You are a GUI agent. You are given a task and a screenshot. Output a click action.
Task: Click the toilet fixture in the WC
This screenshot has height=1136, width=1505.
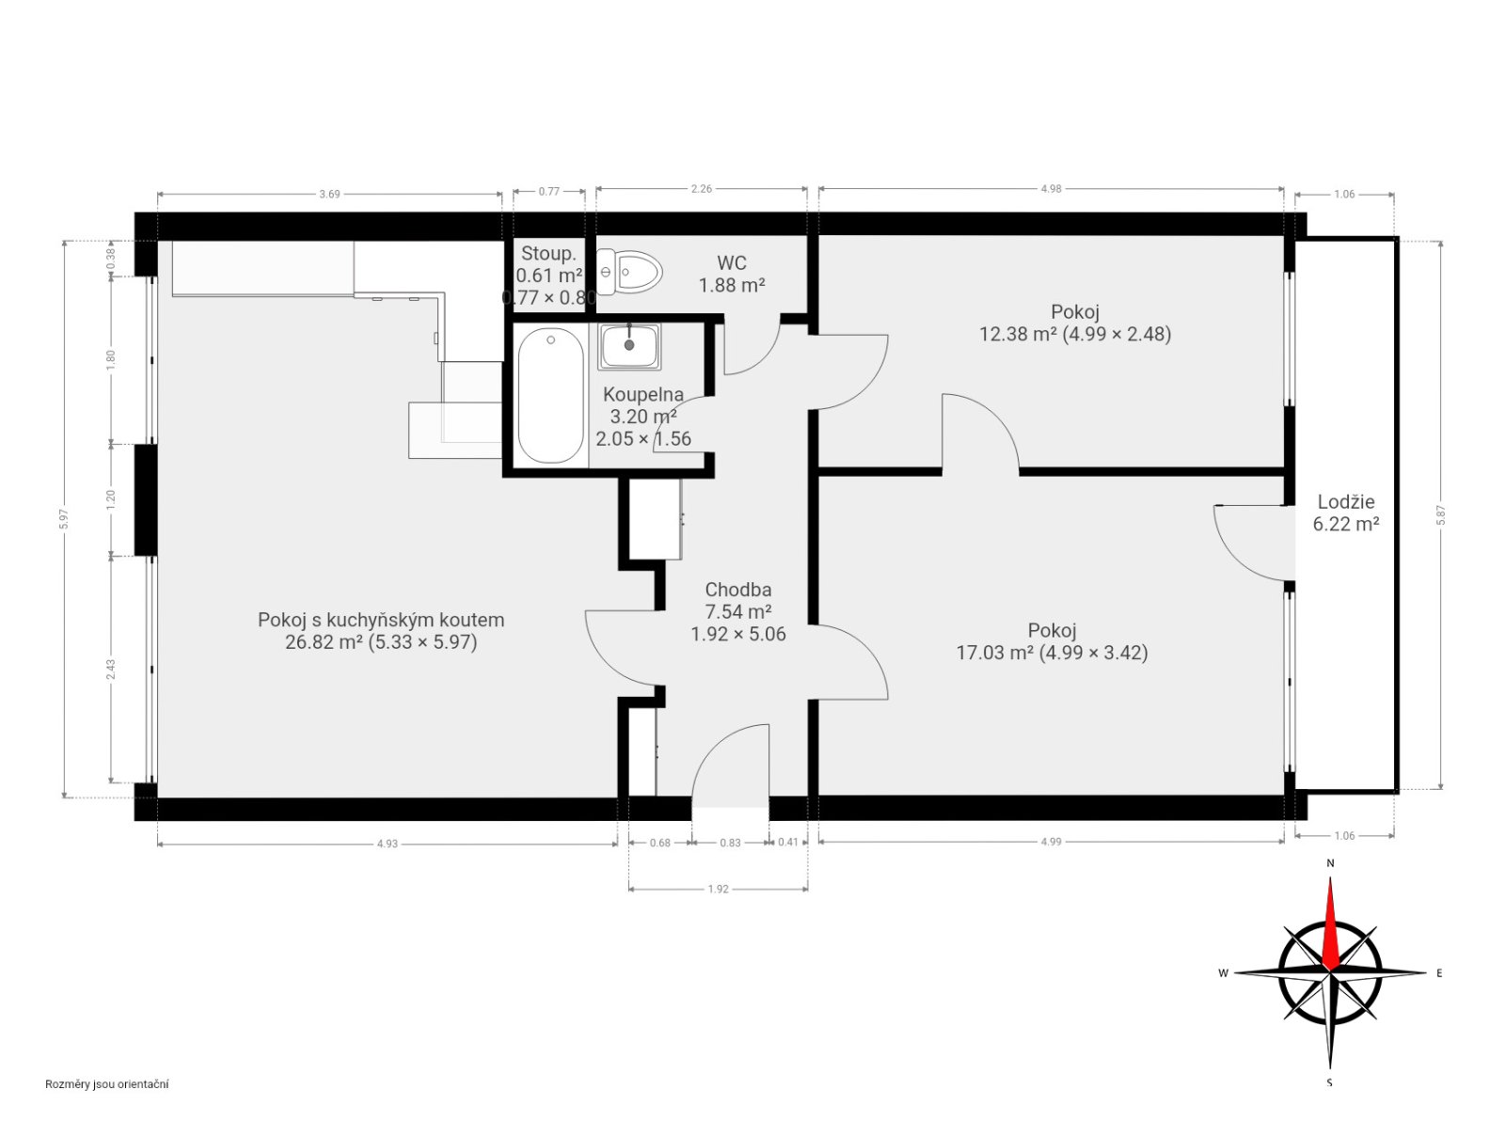(627, 272)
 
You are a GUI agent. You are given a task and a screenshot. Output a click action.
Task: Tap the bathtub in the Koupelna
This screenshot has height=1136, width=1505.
(550, 395)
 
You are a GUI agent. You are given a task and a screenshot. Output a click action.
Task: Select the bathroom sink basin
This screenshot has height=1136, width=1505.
(629, 346)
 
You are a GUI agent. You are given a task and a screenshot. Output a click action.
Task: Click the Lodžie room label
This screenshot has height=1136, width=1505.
(1345, 502)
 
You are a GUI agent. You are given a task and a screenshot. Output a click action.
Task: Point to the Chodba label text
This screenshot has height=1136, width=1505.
(737, 590)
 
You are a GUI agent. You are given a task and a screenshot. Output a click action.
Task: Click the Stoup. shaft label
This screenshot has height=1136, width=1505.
(548, 254)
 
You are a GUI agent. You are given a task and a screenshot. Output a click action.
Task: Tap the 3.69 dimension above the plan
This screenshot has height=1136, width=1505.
(329, 194)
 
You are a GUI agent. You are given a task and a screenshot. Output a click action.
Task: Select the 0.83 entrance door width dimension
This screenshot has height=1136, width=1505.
(730, 843)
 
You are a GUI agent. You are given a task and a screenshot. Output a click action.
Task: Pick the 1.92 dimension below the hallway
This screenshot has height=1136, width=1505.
(718, 890)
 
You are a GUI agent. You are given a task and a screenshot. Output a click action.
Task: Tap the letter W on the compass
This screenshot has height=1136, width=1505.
(1223, 973)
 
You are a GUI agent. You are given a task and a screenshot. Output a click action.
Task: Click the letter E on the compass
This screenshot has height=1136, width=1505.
(1439, 973)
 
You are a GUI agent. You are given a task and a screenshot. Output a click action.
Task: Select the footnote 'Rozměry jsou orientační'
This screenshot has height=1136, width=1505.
(107, 1084)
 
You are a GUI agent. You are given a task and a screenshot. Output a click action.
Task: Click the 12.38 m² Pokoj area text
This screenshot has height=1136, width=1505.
(1074, 335)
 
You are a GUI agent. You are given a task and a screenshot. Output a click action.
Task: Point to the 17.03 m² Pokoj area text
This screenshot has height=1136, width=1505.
(1052, 653)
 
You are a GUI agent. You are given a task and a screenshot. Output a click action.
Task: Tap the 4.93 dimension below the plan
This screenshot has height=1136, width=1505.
(388, 844)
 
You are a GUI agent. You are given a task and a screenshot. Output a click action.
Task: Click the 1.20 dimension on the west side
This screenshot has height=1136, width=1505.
(111, 500)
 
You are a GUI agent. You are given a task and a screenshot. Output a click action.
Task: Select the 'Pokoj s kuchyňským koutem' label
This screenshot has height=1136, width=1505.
(381, 620)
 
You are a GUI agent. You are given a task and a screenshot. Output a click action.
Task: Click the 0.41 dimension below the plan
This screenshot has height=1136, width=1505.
(788, 843)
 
